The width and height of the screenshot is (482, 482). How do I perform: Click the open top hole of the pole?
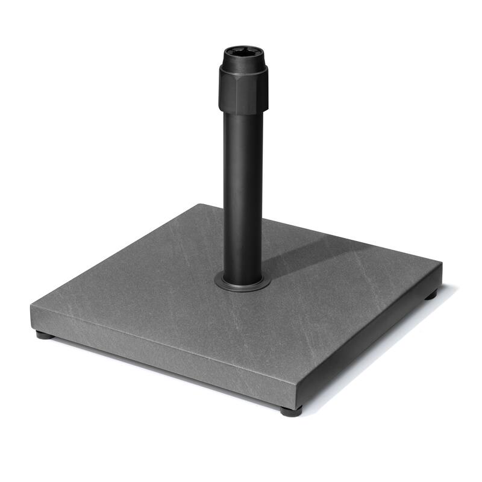(243, 52)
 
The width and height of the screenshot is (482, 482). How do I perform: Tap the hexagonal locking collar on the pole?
(243, 90)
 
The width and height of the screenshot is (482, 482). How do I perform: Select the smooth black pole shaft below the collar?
(243, 193)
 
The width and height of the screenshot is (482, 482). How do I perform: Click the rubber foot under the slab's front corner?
(291, 412)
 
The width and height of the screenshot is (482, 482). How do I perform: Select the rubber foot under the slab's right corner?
(430, 295)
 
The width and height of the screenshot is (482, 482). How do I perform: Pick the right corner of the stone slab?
(442, 264)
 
